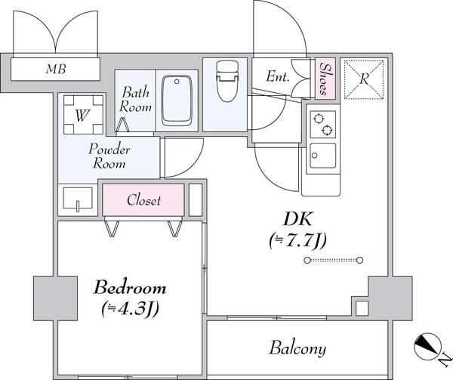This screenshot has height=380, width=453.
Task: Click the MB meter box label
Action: [x=56, y=69]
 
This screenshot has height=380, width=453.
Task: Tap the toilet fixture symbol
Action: [x=227, y=81]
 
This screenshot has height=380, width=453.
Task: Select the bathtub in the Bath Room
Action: [x=177, y=100]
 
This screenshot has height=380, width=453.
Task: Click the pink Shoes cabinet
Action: [x=325, y=79]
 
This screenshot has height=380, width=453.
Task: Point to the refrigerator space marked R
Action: [x=364, y=79]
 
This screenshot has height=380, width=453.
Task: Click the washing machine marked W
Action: [x=83, y=115]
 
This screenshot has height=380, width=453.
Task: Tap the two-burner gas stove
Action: [x=323, y=124]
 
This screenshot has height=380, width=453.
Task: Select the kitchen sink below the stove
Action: [x=323, y=156]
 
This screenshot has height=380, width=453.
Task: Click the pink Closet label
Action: [x=143, y=200]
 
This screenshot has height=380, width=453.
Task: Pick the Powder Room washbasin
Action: [x=78, y=199]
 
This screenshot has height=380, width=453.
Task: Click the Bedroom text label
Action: [x=130, y=288]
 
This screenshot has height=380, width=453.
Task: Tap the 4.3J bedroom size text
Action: [x=130, y=309]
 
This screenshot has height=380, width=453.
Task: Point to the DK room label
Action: [x=298, y=219]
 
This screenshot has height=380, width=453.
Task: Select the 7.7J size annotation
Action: [x=297, y=241]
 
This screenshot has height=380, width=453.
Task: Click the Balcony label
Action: [x=298, y=348]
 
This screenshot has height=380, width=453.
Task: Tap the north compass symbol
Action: [x=427, y=347]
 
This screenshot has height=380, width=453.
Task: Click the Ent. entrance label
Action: [x=277, y=76]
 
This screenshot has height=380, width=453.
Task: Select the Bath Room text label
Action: [x=135, y=99]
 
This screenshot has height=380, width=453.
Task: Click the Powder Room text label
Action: [x=109, y=156]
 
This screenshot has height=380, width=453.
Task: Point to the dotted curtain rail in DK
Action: [x=334, y=260]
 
